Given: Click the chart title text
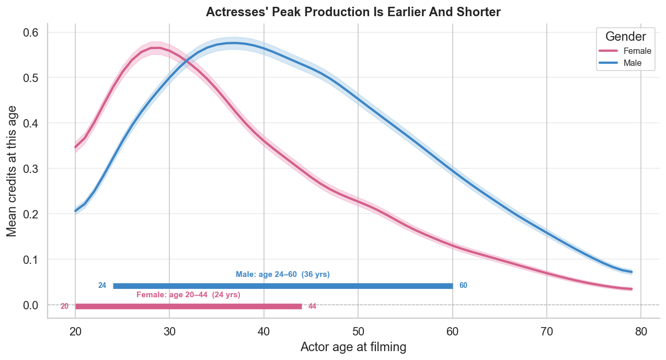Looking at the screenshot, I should click(x=353, y=12).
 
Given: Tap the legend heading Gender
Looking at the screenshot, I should click(x=625, y=37).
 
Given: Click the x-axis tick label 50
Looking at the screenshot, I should click(x=358, y=331).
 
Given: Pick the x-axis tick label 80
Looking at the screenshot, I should click(x=640, y=331).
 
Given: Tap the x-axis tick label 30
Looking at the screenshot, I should click(x=169, y=331).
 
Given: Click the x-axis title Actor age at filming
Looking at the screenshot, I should click(x=353, y=347).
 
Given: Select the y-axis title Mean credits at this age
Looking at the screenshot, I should click(x=12, y=170).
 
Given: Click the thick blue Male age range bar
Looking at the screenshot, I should click(x=283, y=286).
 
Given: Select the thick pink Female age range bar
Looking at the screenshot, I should click(x=189, y=306).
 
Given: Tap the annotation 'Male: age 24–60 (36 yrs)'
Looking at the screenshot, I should click(x=283, y=274).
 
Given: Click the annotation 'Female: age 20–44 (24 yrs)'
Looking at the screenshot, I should click(x=188, y=295).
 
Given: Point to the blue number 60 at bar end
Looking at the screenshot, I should click(x=463, y=286).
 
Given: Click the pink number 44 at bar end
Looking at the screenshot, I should click(x=312, y=306).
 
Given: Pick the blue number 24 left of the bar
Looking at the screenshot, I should click(x=102, y=286).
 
